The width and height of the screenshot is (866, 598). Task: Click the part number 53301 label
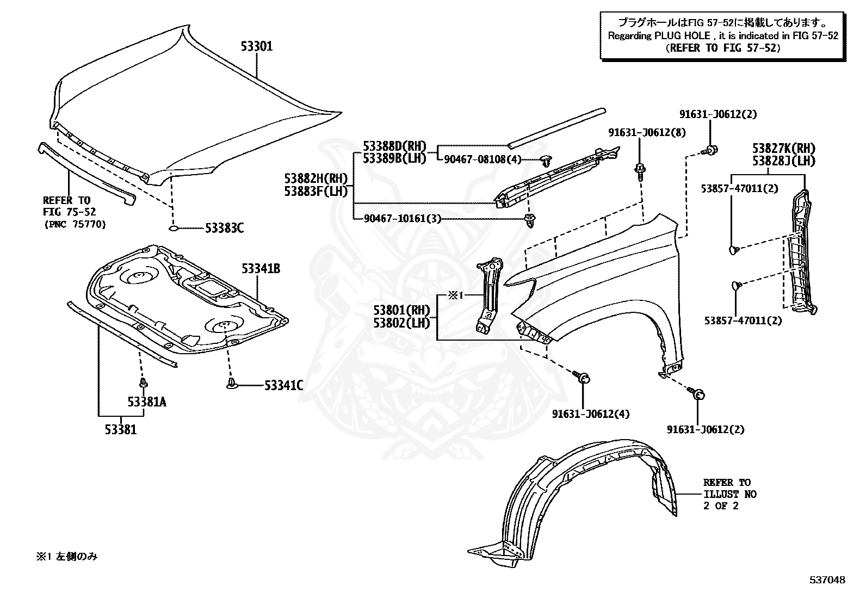[x=257, y=46]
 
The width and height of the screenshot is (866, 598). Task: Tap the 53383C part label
[x=224, y=228]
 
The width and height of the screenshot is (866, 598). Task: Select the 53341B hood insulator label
[x=261, y=268]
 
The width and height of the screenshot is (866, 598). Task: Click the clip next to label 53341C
[x=231, y=384]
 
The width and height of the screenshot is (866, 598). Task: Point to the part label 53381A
[x=147, y=402]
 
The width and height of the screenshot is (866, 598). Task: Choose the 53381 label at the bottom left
[x=121, y=430]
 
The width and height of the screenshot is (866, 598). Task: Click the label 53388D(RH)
[x=394, y=146]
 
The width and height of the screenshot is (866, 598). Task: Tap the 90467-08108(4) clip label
[x=483, y=159]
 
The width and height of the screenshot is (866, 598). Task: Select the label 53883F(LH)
[x=316, y=191]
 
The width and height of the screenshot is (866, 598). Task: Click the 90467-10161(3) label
[x=403, y=219]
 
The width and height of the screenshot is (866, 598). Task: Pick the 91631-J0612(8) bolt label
[x=647, y=133]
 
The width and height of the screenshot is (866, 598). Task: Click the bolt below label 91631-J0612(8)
[x=640, y=172]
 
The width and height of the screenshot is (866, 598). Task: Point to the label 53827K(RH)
[x=784, y=148]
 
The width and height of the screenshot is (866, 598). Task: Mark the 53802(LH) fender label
[x=401, y=323]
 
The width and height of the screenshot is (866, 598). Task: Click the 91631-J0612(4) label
[x=591, y=414]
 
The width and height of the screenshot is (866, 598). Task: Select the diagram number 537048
[x=827, y=580]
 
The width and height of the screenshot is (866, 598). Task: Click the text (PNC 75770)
[x=76, y=224]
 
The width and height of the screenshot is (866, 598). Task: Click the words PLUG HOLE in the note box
[x=682, y=36]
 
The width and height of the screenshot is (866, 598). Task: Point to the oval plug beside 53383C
[x=174, y=228]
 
